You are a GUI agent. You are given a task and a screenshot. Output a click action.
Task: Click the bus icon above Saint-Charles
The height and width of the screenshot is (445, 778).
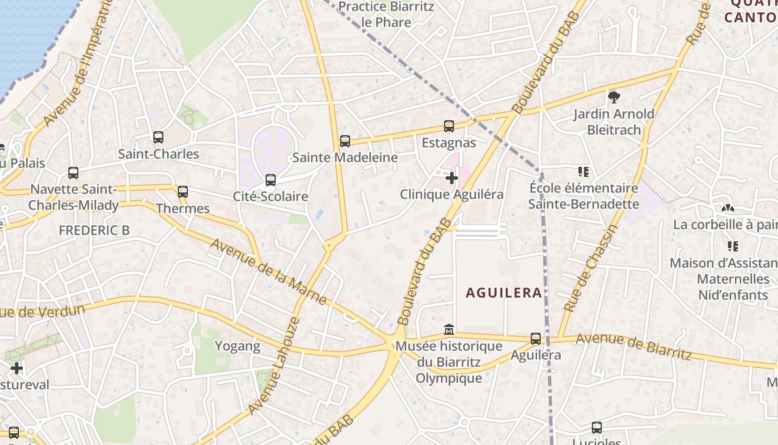[158, 137]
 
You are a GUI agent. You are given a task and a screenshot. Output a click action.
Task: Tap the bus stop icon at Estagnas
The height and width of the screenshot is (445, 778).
[449, 126]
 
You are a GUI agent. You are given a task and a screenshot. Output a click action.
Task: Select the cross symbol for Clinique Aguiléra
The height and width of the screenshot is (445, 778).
[452, 178]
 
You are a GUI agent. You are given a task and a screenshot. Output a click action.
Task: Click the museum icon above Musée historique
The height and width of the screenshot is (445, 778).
[449, 330]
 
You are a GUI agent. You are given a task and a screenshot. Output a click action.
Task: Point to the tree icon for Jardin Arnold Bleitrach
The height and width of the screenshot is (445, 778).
[614, 97]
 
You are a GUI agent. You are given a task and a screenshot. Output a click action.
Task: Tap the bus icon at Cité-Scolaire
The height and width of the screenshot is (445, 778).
[271, 180]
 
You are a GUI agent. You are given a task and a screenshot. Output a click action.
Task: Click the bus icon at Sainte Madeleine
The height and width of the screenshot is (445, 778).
[345, 141]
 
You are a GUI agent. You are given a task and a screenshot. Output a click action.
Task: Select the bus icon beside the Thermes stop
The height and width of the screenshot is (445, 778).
[183, 192]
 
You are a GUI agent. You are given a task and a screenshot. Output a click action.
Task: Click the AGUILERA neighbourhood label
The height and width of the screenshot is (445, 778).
[503, 293]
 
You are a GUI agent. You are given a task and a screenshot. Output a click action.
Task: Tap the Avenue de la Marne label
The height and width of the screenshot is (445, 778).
[268, 272]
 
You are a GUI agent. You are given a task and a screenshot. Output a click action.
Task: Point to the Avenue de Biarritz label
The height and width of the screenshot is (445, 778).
[634, 346]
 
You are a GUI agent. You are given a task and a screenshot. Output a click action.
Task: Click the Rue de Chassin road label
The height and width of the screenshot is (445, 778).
[590, 268]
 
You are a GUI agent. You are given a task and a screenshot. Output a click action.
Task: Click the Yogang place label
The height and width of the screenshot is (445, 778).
[237, 346]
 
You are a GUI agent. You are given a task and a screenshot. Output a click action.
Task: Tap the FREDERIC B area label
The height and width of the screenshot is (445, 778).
[94, 230]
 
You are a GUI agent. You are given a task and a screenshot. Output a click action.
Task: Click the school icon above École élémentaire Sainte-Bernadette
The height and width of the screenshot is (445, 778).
[583, 172]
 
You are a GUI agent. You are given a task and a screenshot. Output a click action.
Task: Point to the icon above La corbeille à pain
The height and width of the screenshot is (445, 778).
[727, 208]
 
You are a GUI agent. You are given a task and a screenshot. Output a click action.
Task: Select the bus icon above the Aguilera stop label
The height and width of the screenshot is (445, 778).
[536, 338]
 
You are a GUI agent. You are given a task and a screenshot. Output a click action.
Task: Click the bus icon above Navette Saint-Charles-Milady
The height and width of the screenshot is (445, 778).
[73, 173]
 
